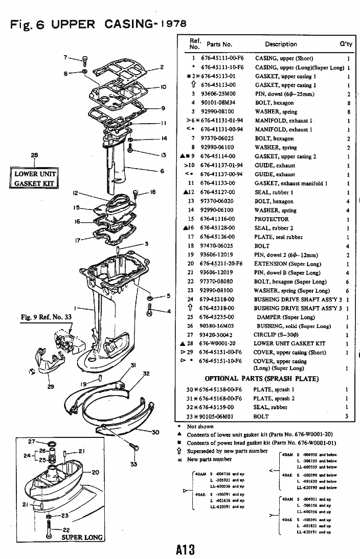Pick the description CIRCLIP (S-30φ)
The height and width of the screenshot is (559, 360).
277,335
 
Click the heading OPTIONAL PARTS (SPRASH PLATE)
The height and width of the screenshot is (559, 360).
262,379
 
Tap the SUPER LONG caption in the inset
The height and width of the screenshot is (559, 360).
82,537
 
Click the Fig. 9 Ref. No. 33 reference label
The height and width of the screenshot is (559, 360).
48,317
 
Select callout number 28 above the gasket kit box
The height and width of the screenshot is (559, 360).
34,155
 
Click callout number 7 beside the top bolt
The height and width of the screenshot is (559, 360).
65,57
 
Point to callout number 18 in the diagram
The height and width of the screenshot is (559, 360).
152,192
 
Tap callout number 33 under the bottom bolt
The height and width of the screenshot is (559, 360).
134,464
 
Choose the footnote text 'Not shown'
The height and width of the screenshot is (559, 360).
199,426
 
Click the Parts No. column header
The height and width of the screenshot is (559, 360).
219,44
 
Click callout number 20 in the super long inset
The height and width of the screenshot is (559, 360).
95,472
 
